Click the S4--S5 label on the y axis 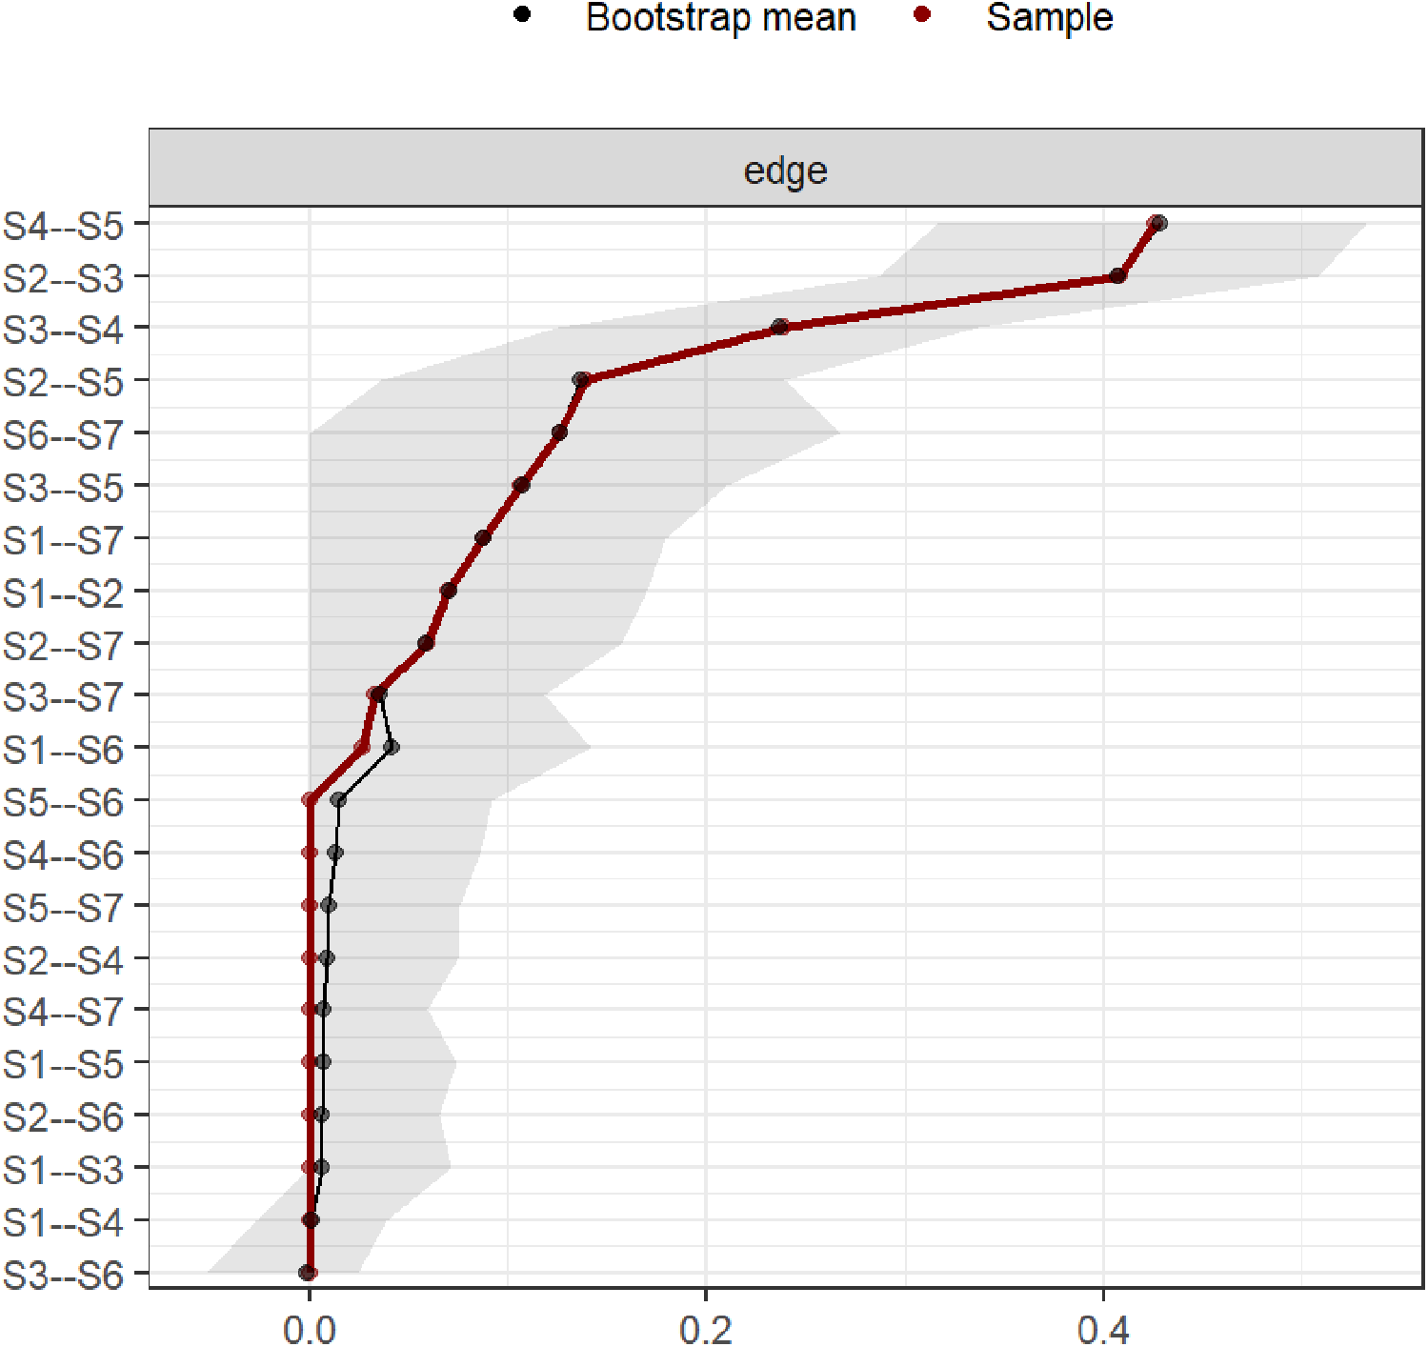63,227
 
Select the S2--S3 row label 63,279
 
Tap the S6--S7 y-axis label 63,435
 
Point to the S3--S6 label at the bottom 63,1275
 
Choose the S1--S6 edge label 63,750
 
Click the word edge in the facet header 785,171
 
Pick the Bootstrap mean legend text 720,18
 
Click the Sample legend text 1049,18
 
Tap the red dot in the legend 921,15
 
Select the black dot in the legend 521,15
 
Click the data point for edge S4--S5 1156,223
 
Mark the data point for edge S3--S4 780,327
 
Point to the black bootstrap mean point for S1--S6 391,747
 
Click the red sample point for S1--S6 362,747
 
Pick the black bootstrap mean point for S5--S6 338,799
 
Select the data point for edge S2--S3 1118,275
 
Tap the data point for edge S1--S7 483,537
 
